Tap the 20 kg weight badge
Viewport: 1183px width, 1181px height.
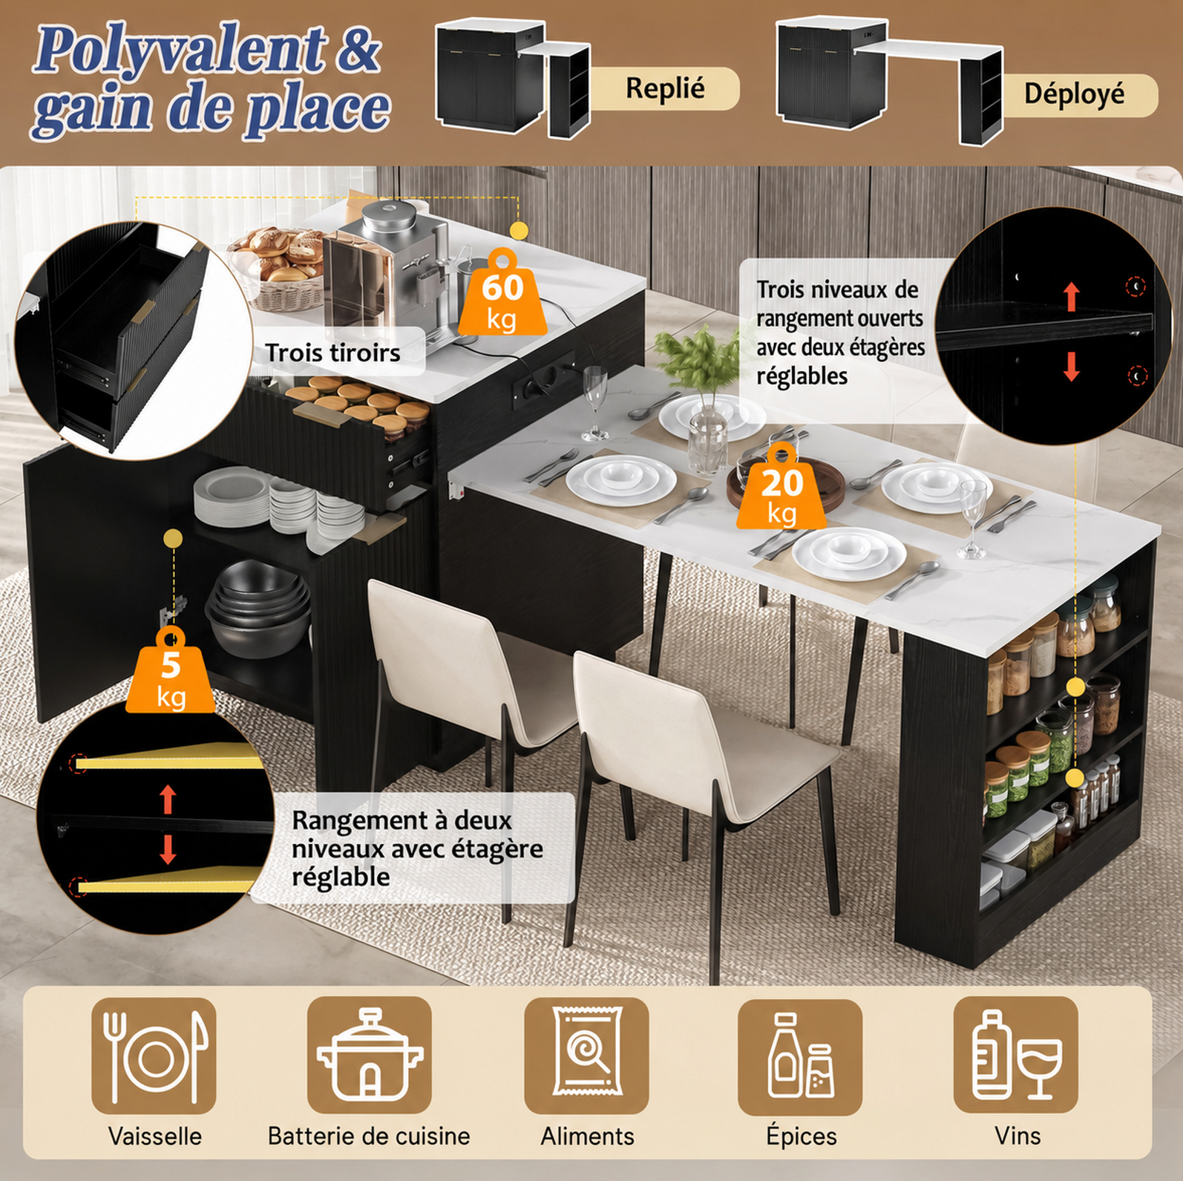coord(781,487)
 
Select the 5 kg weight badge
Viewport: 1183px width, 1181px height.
coord(171,671)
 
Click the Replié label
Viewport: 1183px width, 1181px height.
coord(665,88)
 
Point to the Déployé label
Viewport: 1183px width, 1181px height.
coord(1074,94)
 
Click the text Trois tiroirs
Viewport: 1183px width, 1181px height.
coord(332,353)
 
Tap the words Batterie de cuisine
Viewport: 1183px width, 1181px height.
coord(369,1136)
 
